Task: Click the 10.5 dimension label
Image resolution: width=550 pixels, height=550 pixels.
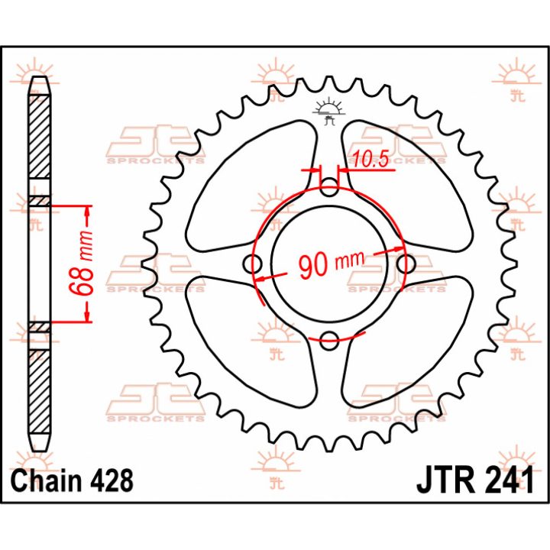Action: pyautogui.click(x=370, y=159)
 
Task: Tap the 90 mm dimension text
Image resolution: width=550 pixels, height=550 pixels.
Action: pyautogui.click(x=331, y=263)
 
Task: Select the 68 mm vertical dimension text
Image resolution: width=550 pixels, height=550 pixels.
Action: pyautogui.click(x=82, y=263)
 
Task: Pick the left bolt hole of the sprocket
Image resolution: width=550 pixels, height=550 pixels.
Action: pyautogui.click(x=253, y=264)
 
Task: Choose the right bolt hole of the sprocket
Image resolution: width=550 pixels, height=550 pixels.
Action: pyautogui.click(x=406, y=264)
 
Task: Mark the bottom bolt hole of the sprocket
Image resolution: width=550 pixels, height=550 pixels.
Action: pyautogui.click(x=329, y=340)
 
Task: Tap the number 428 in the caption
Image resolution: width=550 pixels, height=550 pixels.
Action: pyautogui.click(x=112, y=480)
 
